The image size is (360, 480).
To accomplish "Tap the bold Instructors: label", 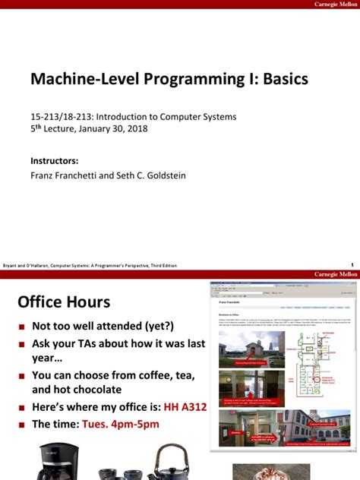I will point(55,160).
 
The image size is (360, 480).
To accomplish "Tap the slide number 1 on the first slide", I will point(352,265).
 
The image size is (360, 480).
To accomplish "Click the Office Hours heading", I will point(64,302).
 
